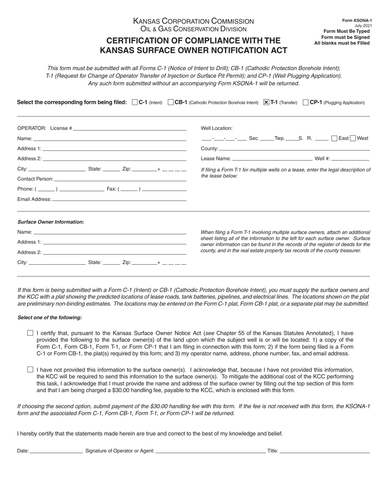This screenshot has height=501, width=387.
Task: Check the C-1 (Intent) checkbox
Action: pos(135,103)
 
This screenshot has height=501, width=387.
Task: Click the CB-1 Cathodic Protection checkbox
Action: pos(171,103)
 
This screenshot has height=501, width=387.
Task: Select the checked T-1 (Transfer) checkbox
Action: pos(266,103)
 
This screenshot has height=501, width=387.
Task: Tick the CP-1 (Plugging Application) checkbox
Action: pos(306,103)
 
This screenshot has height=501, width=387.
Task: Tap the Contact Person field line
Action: pos(120,179)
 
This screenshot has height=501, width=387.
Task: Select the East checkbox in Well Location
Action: pos(334,138)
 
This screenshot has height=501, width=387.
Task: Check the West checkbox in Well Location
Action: pos(353,138)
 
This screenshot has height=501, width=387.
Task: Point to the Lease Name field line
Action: pos(272,159)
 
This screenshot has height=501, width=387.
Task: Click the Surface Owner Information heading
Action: pos(51,222)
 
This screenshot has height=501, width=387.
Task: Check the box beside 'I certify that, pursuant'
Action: pos(30,333)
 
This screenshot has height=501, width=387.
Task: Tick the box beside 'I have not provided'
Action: pos(30,369)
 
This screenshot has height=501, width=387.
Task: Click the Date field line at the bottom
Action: pos(56,451)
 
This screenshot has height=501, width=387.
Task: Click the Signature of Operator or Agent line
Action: pos(210,451)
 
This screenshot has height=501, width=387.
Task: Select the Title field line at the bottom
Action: pos(325,451)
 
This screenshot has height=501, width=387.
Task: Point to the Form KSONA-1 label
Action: pos(356,20)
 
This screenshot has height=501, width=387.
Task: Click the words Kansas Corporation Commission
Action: pos(193,21)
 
